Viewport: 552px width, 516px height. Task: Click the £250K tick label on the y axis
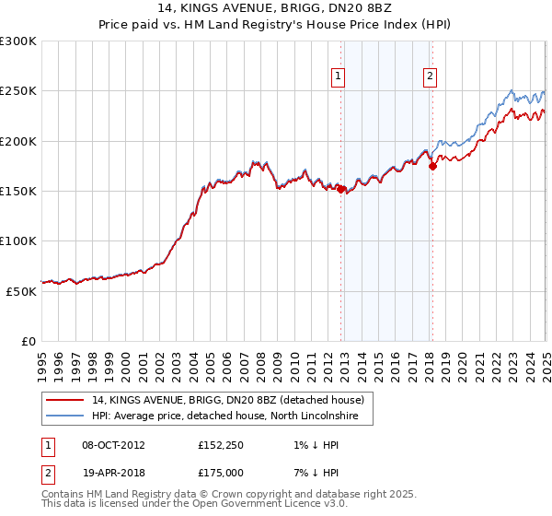17,91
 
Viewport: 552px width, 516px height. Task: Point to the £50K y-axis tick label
21,291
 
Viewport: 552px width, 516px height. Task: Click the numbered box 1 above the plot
339,77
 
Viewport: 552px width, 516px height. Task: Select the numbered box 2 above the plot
430,77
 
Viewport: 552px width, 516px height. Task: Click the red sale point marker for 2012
341,189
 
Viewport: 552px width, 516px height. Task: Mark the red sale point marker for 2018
433,167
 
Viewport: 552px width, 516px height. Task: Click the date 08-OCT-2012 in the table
113,446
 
